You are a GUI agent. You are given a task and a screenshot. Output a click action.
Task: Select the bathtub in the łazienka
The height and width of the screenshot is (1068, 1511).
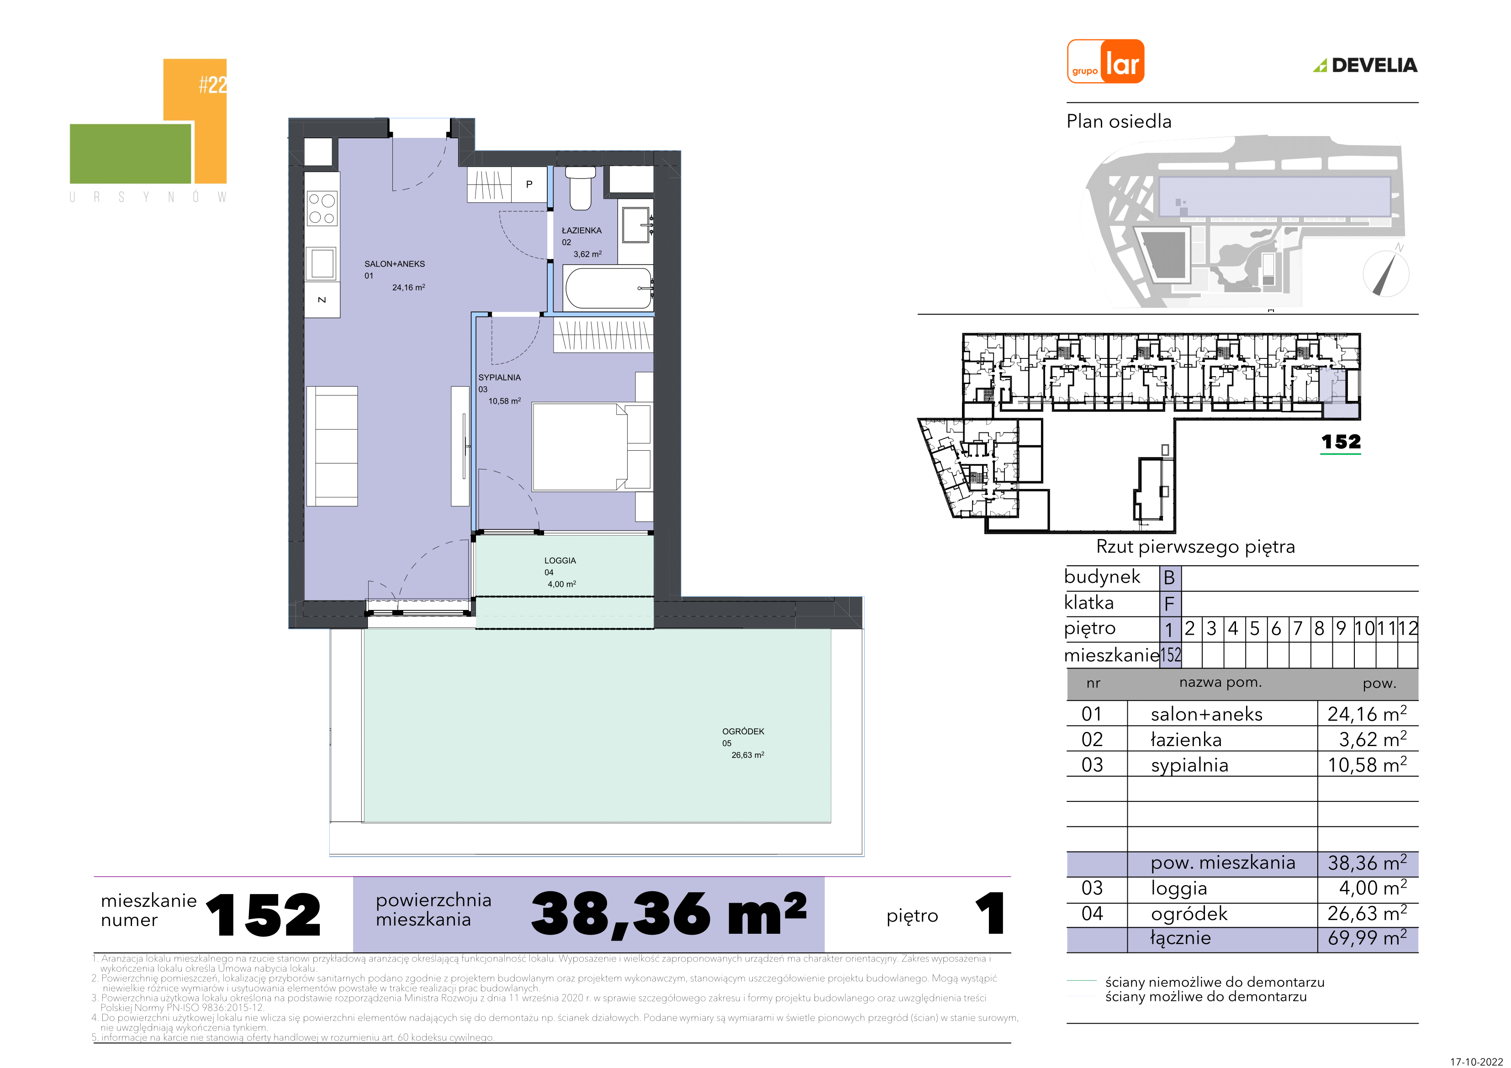608,288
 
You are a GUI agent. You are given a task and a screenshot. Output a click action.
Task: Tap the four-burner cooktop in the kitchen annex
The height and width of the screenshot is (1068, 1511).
322,208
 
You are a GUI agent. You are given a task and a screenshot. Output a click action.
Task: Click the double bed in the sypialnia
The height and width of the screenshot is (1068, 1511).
592,447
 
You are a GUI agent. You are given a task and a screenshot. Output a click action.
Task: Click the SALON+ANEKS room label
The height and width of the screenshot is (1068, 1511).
395,264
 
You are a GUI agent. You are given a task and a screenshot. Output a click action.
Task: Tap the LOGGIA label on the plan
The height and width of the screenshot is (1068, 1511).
560,561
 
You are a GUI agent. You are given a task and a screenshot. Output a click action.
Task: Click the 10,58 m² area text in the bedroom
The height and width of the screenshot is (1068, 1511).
505,401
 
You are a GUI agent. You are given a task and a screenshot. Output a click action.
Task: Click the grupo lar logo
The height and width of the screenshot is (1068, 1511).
1105,61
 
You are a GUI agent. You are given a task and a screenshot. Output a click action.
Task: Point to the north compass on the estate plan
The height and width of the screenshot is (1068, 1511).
1386,273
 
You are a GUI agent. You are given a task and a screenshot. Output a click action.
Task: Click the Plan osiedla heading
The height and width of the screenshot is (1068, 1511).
1119,122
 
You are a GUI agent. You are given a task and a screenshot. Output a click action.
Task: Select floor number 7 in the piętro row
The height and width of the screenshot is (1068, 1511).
1298,629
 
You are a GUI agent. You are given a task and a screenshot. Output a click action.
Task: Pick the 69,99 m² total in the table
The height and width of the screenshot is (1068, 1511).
1367,938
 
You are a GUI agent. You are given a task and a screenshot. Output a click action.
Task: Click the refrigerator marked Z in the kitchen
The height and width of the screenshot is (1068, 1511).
322,300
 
